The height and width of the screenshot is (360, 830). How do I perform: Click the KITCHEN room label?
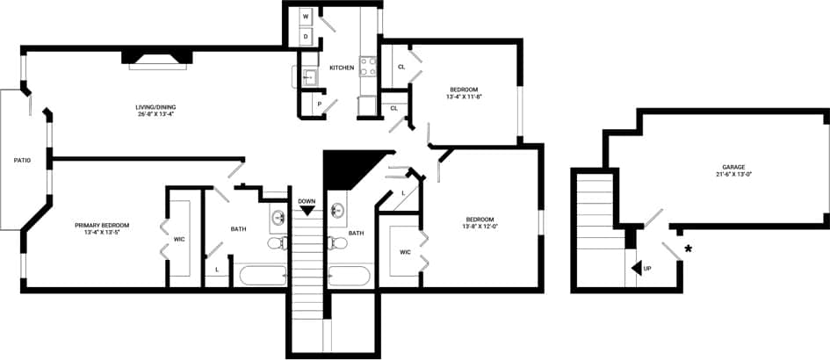[x=342, y=68]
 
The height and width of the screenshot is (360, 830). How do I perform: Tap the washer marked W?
[x=306, y=17]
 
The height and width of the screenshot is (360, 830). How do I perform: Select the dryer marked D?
[x=306, y=37]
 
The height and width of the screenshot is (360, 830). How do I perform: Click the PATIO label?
[x=22, y=160]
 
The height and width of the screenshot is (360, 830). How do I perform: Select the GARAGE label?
[x=733, y=166]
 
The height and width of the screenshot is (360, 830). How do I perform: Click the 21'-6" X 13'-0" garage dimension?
[x=733, y=174]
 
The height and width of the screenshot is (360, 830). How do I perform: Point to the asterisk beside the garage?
[x=688, y=250]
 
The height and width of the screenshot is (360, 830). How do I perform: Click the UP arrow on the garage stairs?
[x=637, y=267]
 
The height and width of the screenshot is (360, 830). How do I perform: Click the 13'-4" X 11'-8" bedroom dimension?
[x=464, y=97]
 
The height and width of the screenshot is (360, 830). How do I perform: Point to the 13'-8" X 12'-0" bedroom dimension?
[x=479, y=227]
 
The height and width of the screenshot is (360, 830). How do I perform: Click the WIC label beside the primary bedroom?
[x=179, y=238]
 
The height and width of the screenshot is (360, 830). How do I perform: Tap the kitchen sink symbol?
[x=308, y=77]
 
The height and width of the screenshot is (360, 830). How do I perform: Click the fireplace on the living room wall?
[x=156, y=58]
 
